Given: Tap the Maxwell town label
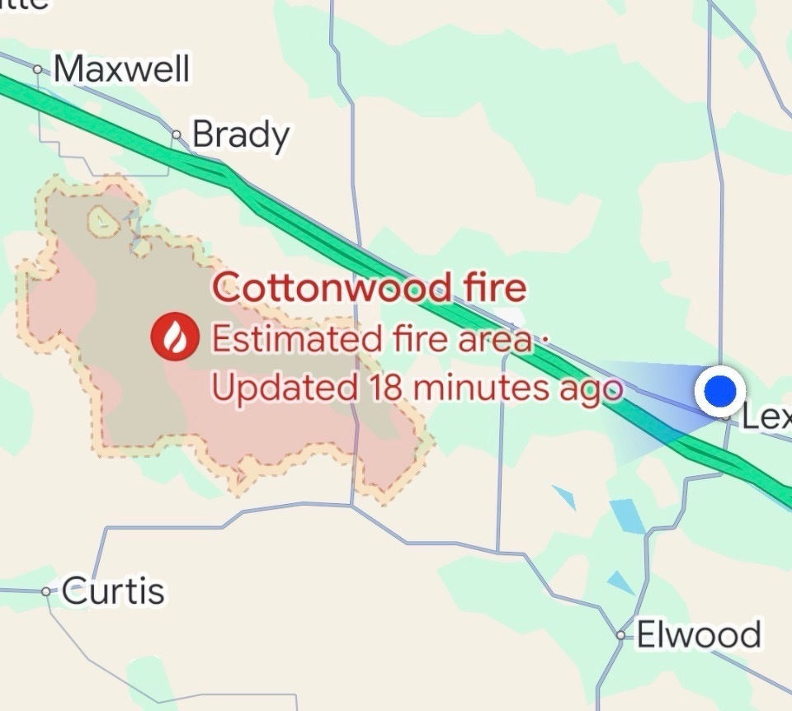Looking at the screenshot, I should pos(121,69).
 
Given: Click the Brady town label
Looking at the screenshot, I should pos(241,135).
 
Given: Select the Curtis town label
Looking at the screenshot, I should pos(113,591).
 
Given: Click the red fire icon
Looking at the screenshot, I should pos(175,337).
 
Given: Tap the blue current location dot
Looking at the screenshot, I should pos(720,389).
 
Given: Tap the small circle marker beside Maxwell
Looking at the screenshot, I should pos(38,70).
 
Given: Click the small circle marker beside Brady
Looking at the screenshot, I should pos(177,134).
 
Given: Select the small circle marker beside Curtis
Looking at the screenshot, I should pos(46,591).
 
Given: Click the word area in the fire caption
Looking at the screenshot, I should pos(493,339).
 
